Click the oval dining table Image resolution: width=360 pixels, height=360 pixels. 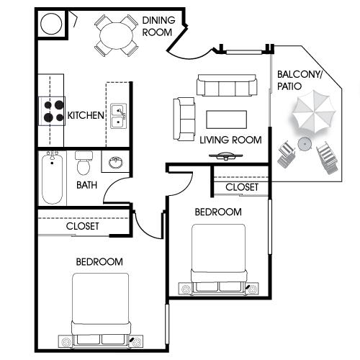pos(116,36)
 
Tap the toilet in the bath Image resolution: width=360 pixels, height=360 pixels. pos(84,163)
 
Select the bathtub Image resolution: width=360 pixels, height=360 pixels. pos(53,178)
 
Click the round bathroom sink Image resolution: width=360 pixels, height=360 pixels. pos(116,162)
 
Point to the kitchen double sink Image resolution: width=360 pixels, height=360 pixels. pos(118,116)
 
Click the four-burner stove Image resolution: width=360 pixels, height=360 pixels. pos(52,111)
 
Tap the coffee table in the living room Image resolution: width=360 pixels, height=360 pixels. pos(226,120)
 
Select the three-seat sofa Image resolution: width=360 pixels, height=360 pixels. pos(227,85)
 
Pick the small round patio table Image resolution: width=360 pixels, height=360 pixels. pos(305,144)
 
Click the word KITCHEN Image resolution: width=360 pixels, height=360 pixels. pos(86,115)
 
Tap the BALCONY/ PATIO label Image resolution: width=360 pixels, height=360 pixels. pos(299,81)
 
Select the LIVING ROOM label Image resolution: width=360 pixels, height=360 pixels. pos(230,140)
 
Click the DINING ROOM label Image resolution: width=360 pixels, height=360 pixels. pos(158,27)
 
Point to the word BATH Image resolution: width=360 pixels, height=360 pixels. pos(86,185)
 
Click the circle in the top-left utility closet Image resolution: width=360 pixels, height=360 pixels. pos(51,24)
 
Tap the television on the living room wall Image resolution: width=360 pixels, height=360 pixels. pos(225,156)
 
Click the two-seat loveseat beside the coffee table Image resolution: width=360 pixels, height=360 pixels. pos(184,119)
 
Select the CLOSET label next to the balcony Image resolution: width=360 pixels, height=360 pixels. pos(242,187)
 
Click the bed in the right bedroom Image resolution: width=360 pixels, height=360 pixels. pos(218,259)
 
